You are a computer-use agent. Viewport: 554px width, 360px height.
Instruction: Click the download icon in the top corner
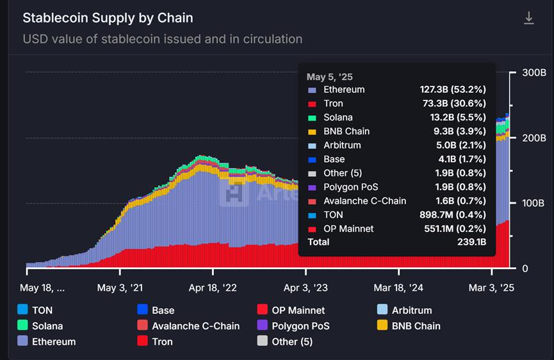pos(529,18)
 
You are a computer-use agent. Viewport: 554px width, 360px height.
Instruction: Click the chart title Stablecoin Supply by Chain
pos(108,18)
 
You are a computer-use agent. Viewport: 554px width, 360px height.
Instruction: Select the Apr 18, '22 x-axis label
pos(213,288)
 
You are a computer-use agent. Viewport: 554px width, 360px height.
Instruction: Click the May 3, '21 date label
pos(120,288)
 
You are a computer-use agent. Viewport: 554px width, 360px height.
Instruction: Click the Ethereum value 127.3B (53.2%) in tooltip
pos(452,90)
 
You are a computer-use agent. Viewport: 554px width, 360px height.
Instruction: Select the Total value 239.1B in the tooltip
pos(470,242)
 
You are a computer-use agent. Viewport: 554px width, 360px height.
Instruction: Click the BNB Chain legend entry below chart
pos(416,326)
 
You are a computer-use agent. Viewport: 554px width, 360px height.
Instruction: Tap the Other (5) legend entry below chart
pos(291,341)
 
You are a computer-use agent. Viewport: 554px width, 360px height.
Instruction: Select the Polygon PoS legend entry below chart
pos(300,326)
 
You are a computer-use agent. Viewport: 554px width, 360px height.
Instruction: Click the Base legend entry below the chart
pos(163,311)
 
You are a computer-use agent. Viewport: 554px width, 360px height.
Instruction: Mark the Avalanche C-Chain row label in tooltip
pos(364,201)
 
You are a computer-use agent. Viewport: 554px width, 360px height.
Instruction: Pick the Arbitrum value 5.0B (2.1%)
pos(460,145)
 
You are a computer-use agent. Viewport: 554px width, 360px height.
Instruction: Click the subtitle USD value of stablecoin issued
pos(162,39)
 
